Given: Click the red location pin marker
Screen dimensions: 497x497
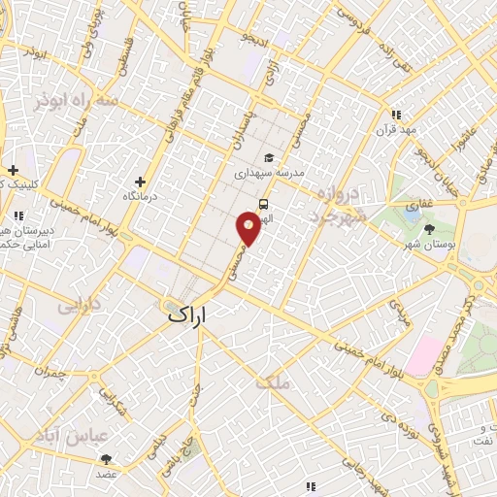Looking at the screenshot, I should [249, 229].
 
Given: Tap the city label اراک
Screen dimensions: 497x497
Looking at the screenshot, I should [188, 315].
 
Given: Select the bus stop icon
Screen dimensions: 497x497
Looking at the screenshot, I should [263, 204].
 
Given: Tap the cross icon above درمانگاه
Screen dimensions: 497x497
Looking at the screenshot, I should [141, 181].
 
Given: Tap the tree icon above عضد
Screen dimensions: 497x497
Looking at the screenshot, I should [106, 459].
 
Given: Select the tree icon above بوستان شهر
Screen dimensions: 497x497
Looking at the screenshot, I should [430, 229].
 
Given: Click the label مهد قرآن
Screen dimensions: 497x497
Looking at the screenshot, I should [398, 129].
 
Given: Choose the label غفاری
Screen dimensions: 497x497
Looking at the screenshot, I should [418, 206].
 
